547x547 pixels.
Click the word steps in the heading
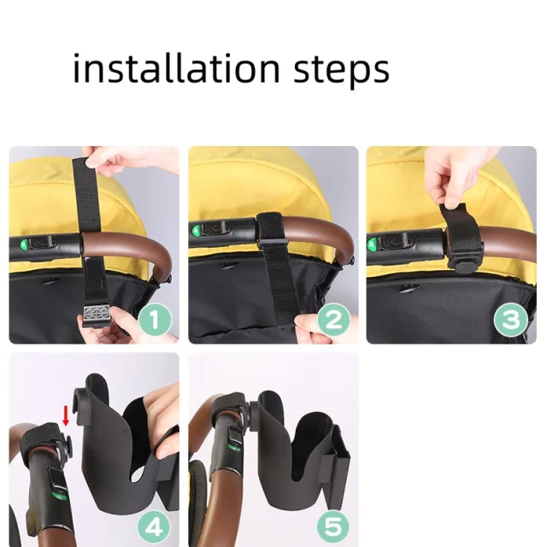(342, 70)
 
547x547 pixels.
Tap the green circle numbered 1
(156, 320)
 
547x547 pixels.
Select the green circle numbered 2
(334, 320)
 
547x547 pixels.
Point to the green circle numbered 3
(511, 320)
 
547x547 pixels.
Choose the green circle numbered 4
(154, 526)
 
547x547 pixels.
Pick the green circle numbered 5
(334, 526)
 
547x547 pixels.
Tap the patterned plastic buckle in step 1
(97, 315)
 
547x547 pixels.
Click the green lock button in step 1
(24, 244)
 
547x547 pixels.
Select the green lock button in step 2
(196, 230)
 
